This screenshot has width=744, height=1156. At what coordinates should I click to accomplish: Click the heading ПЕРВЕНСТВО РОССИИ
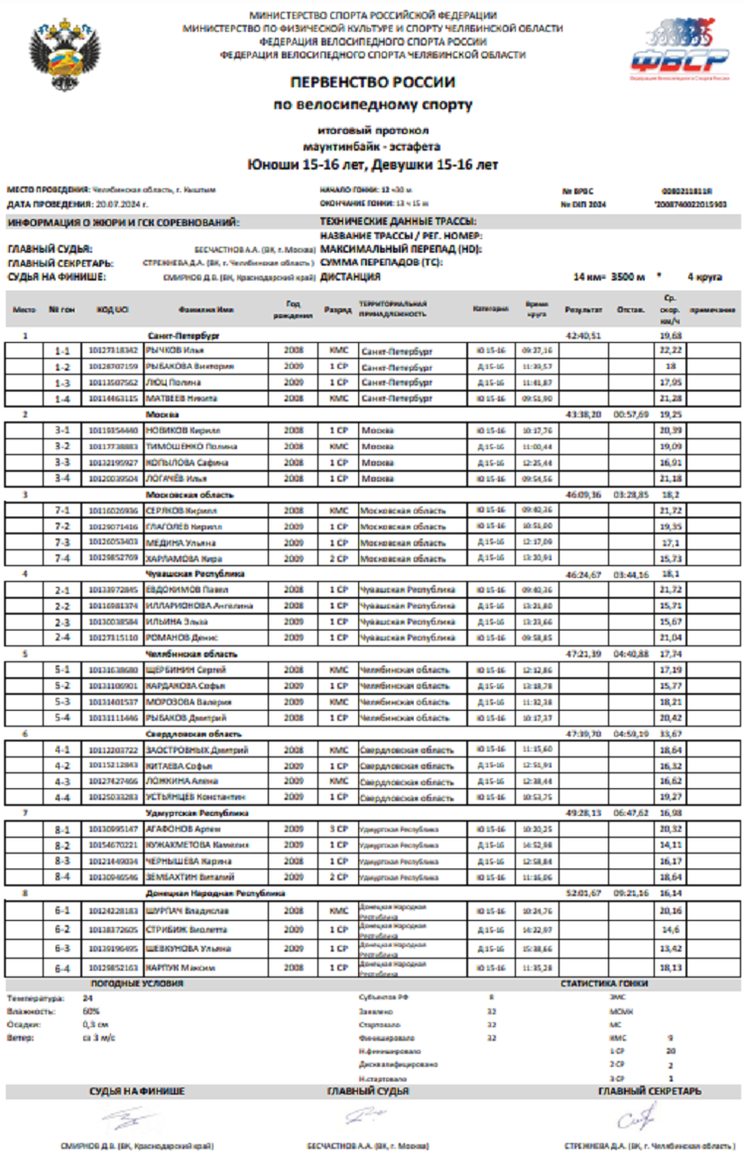coord(372,83)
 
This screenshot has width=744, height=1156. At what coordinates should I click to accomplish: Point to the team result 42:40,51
coord(583,336)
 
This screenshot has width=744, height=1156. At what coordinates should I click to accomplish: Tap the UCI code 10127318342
coord(112,350)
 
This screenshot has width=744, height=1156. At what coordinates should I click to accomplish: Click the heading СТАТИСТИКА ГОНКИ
coord(606,983)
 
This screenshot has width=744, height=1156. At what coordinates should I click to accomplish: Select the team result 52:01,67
coord(583,892)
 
